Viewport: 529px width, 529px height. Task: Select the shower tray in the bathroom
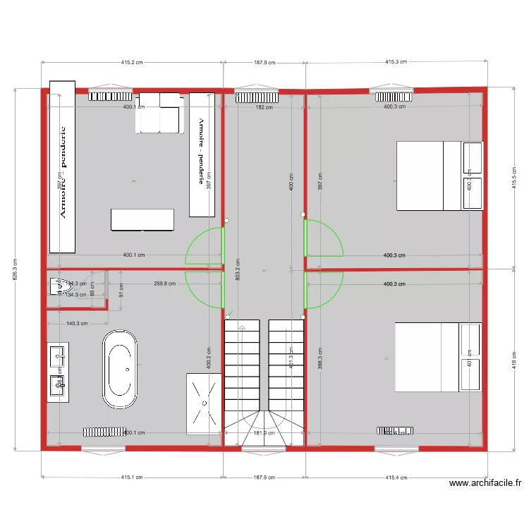click(x=204, y=403)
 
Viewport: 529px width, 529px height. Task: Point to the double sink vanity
click(x=58, y=372)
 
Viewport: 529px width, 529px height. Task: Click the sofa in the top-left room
click(x=161, y=112)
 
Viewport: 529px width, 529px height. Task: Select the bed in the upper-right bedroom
click(x=439, y=176)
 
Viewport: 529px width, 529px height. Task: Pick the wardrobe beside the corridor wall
click(x=202, y=154)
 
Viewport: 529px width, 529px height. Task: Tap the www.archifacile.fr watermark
click(x=486, y=483)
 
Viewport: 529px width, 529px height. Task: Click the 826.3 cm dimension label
click(x=16, y=269)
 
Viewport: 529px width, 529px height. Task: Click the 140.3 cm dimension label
click(x=76, y=323)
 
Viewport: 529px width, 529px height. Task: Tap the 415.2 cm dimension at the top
click(x=132, y=62)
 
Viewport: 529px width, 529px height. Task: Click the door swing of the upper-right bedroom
click(x=323, y=238)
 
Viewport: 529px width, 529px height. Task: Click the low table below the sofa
click(x=142, y=219)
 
